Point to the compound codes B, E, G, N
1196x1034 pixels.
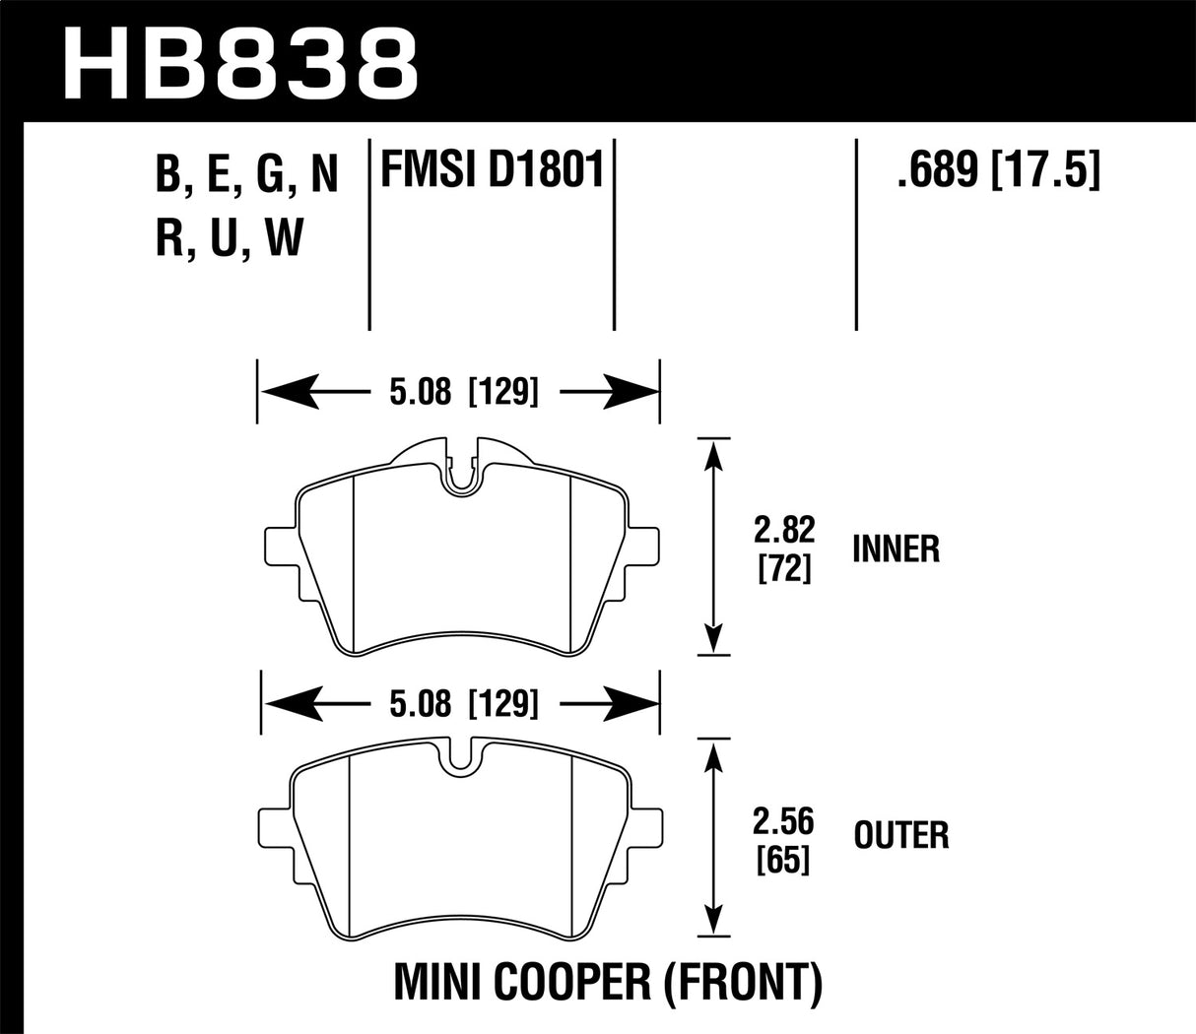(x=246, y=175)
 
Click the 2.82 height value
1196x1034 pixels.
(x=784, y=531)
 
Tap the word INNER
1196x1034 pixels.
(x=896, y=549)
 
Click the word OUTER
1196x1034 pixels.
(x=900, y=836)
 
